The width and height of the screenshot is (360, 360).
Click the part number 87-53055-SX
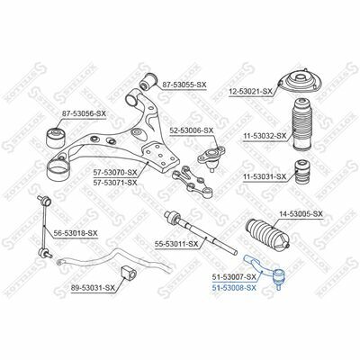tap(184, 85)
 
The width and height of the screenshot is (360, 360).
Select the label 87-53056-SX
tap(84, 114)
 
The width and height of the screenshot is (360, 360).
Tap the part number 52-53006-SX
tap(191, 130)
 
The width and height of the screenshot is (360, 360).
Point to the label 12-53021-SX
tap(250, 91)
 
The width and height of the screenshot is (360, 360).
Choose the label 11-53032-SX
tap(265, 136)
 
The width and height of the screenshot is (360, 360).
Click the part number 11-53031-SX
tap(265, 177)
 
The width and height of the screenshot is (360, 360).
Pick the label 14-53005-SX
tap(301, 214)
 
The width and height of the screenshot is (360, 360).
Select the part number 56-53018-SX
tap(76, 233)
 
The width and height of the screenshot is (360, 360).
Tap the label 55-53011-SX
tap(176, 245)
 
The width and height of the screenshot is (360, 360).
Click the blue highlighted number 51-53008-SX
tap(234, 288)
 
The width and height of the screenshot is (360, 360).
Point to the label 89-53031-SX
tap(93, 288)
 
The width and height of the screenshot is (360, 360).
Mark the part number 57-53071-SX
tap(115, 182)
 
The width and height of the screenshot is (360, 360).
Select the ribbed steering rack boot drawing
tap(268, 234)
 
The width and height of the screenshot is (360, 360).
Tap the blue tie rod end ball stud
tap(279, 279)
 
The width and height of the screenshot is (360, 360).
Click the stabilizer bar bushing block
tap(129, 273)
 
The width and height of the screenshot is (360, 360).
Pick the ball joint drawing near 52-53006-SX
tap(211, 158)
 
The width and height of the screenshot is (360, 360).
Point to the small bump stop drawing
tap(302, 172)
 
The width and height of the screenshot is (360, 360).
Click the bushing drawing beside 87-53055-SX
tap(148, 81)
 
